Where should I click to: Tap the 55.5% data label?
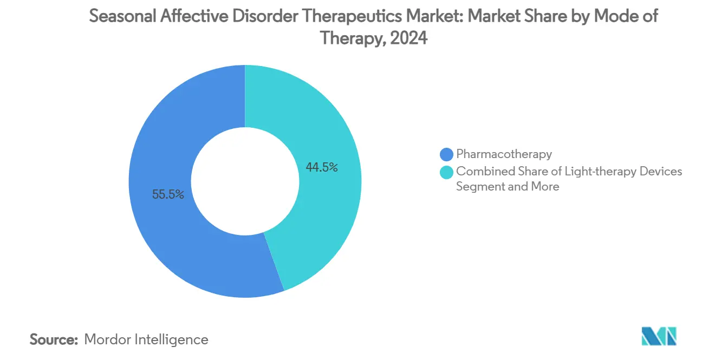tap(168, 194)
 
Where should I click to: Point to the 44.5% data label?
tap(322, 167)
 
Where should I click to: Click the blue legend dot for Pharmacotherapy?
tap(447, 155)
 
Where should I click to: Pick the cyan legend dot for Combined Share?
tap(447, 172)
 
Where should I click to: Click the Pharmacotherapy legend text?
tap(504, 154)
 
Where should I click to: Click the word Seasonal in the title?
tap(123, 16)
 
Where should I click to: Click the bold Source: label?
tap(54, 339)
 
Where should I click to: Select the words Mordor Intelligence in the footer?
tap(146, 339)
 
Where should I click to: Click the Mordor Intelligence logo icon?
tap(659, 336)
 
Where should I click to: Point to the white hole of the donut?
tap(245, 181)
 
